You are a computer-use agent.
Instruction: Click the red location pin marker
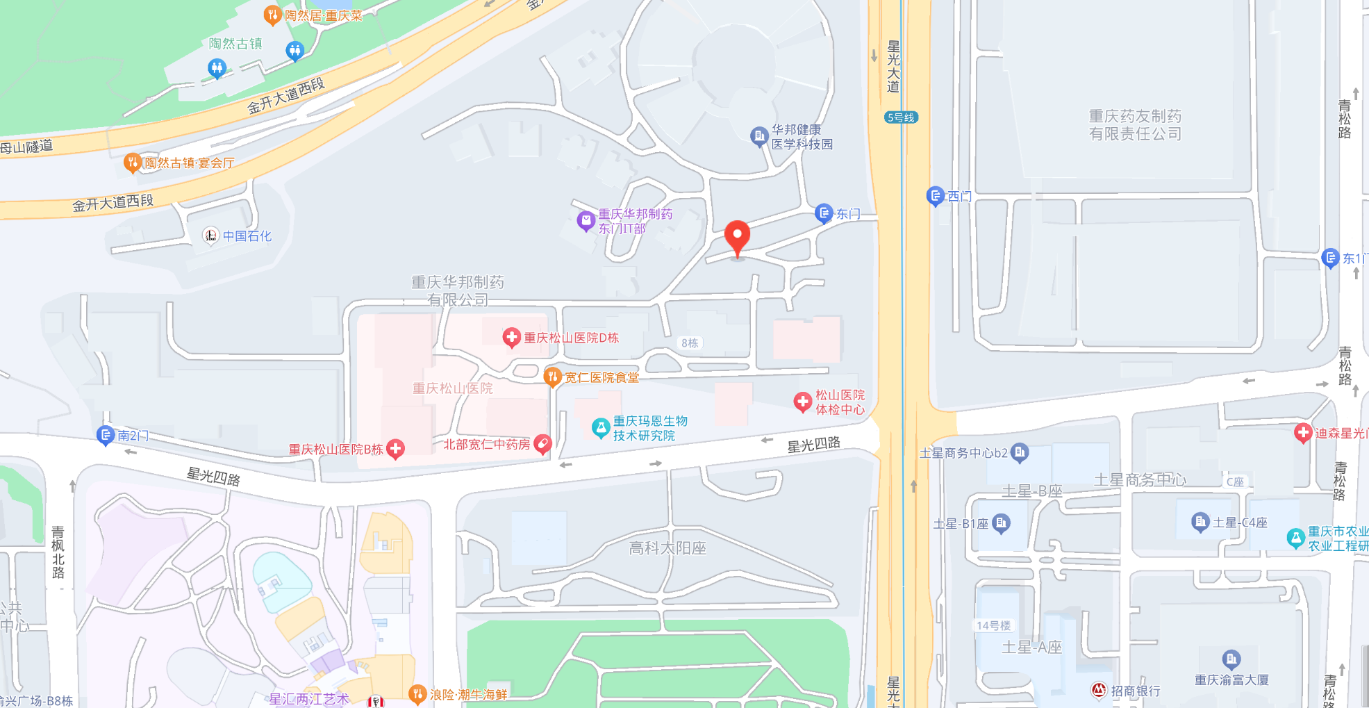[737, 237]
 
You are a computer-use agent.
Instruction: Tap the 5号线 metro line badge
[901, 117]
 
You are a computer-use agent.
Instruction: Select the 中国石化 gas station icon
[210, 236]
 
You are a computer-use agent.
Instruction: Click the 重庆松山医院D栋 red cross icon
[511, 338]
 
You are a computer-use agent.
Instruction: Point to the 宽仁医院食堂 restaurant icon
[552, 377]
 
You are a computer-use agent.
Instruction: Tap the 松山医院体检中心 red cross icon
[802, 402]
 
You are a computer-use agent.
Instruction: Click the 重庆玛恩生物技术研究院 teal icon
[600, 427]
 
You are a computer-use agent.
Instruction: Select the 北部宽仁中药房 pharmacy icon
[542, 443]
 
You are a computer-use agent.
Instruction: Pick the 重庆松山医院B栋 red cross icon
[395, 449]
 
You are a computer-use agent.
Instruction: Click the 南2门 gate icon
[105, 436]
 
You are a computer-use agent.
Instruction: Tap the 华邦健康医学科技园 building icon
[758, 135]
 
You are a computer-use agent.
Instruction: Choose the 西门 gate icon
[935, 196]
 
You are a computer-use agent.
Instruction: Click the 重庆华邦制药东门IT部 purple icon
[586, 221]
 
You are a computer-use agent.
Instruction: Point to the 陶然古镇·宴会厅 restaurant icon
[131, 163]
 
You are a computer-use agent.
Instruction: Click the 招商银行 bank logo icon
[1098, 690]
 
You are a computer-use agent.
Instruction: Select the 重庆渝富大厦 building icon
[1231, 658]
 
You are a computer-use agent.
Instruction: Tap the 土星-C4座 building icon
[1200, 522]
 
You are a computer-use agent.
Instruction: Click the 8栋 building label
[689, 343]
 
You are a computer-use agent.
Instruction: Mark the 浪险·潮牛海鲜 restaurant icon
[417, 693]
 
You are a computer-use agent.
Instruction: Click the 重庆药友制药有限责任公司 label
[1135, 125]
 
